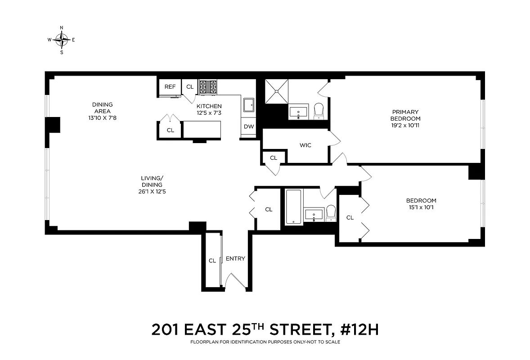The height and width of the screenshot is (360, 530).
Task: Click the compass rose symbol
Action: click(61, 40)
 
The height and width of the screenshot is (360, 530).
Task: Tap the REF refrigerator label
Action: click(170, 87)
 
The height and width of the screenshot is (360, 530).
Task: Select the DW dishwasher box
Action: click(249, 126)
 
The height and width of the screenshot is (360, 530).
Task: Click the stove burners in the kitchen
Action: click(208, 86)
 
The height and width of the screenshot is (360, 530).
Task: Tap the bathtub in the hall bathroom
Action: click(293, 207)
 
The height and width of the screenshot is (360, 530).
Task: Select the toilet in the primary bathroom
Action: click(319, 111)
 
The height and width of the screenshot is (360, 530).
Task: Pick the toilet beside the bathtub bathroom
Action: click(331, 212)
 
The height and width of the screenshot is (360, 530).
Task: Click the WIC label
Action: click(305, 145)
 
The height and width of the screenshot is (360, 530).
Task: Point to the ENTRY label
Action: click(235, 258)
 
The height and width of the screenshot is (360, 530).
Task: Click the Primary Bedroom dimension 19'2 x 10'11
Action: click(405, 126)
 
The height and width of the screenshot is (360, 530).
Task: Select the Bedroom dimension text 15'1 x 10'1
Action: click(421, 207)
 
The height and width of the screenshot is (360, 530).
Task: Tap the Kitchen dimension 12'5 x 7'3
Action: click(209, 113)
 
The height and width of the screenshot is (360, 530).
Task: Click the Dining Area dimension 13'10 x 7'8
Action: click(102, 118)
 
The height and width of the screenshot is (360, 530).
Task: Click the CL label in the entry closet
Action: click(212, 261)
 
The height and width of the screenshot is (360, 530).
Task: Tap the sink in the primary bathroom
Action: click(298, 111)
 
